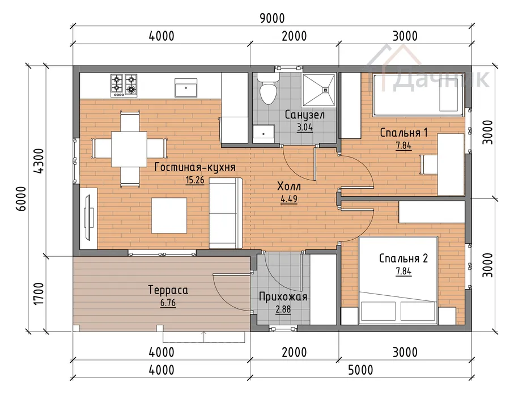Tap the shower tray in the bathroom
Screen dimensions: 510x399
[x=318, y=90]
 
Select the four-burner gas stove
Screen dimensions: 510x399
[x=124, y=86]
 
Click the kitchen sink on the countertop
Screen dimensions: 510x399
[x=186, y=88]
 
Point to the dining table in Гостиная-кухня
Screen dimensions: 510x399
[x=129, y=149]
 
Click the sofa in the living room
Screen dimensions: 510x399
[x=226, y=213]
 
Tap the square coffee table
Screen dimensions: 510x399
[x=169, y=215]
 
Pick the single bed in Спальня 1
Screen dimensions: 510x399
[x=418, y=95]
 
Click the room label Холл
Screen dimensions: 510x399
[x=289, y=186]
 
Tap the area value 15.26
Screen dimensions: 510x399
[x=195, y=180]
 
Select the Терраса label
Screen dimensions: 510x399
[x=168, y=290]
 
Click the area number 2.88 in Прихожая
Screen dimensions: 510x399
[x=283, y=309]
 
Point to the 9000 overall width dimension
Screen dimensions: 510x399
[x=272, y=18]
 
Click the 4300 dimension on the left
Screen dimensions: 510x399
[x=39, y=161]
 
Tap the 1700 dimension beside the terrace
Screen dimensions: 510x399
[x=39, y=294]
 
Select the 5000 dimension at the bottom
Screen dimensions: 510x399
[x=361, y=370]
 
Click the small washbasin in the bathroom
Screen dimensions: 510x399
[x=263, y=133]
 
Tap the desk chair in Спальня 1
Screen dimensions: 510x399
[x=428, y=164]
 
